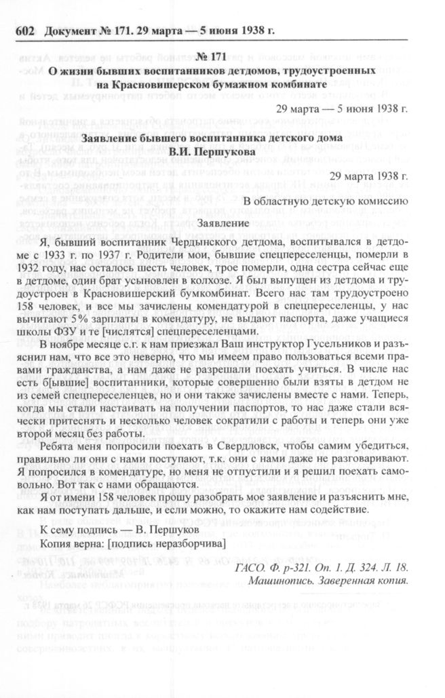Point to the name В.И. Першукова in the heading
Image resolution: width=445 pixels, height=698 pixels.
(x=222, y=153)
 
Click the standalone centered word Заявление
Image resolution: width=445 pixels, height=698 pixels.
(x=222, y=222)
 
